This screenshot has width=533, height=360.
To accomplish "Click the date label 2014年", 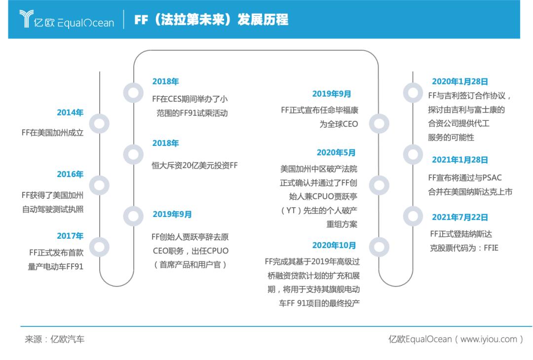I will click(70, 112).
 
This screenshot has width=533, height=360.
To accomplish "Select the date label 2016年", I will click(70, 174).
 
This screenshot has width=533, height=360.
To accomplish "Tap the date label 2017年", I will click(70, 236).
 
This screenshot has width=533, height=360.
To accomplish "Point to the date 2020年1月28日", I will click(459, 82).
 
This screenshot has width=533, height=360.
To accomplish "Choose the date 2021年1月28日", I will click(459, 160).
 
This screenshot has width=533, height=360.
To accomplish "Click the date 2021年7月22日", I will click(459, 217).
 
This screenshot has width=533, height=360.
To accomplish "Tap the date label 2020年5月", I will click(336, 153).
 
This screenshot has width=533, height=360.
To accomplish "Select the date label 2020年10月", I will click(334, 245).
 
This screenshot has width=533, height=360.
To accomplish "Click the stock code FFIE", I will click(488, 248).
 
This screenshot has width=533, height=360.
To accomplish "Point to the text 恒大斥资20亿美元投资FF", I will click(194, 166).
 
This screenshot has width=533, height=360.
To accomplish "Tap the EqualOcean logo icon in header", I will click(25, 20).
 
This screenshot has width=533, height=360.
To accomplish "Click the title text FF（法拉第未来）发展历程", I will click(211, 20).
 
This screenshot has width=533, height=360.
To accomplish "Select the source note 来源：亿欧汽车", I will click(55, 339).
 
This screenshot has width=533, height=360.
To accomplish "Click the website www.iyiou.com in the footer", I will click(489, 339).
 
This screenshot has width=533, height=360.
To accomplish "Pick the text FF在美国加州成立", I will click(52, 133).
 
